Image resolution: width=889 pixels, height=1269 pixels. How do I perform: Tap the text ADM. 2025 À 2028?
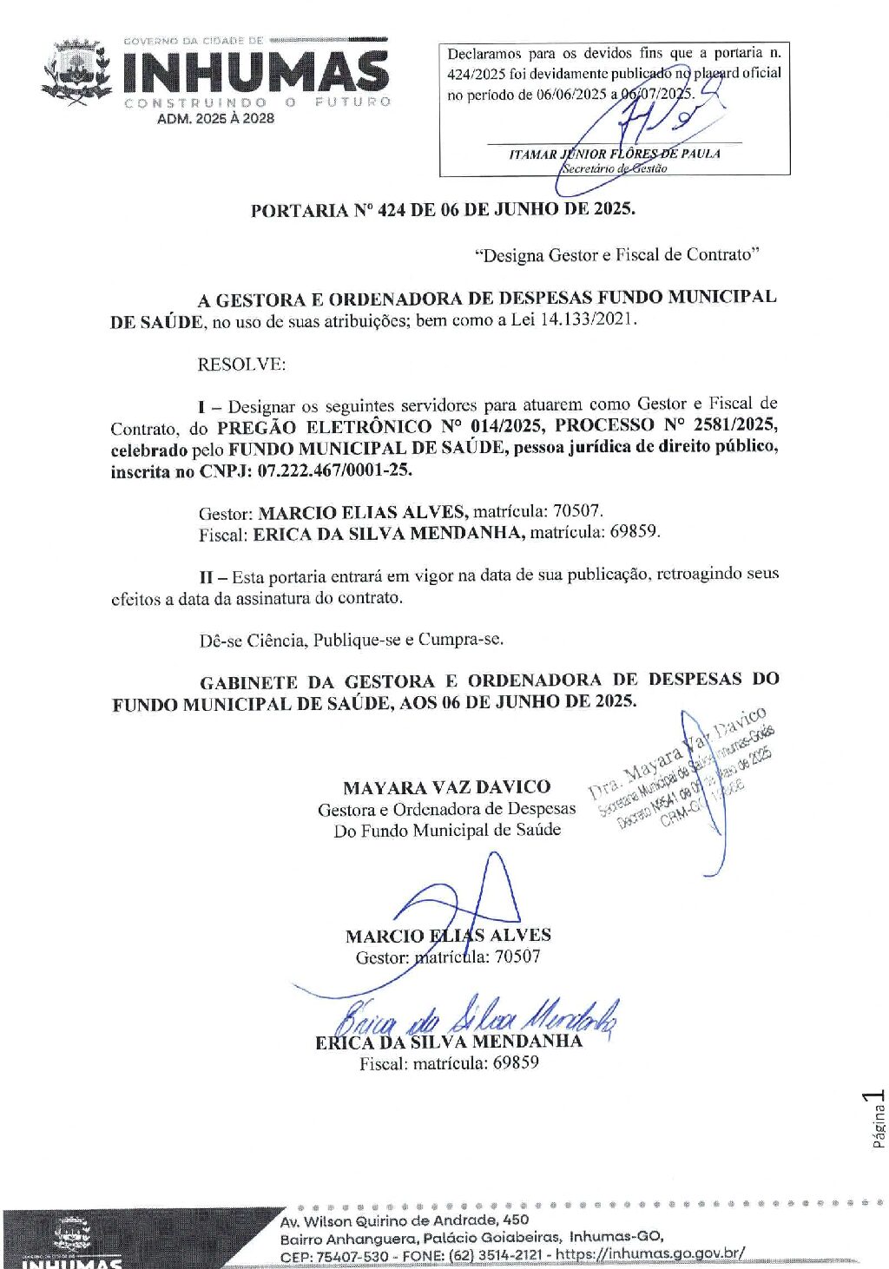click(215, 119)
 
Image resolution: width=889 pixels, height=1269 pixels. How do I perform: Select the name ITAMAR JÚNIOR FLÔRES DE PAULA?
click(614, 154)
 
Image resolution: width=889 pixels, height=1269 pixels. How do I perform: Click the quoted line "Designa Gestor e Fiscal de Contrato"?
click(616, 255)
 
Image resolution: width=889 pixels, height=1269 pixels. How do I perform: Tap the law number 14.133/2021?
click(588, 319)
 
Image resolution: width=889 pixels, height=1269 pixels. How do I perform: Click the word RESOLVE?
click(241, 364)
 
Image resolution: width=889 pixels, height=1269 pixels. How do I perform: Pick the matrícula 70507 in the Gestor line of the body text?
click(577, 511)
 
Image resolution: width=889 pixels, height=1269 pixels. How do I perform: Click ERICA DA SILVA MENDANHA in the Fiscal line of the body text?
click(388, 533)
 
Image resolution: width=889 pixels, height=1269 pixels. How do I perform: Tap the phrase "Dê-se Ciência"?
click(252, 641)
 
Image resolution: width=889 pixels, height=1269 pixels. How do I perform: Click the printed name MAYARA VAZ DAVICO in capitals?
click(446, 787)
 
